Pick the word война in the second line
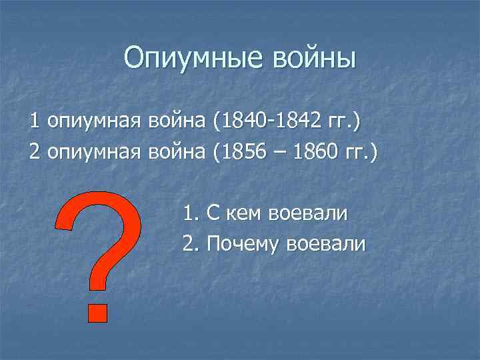[x=177, y=153]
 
